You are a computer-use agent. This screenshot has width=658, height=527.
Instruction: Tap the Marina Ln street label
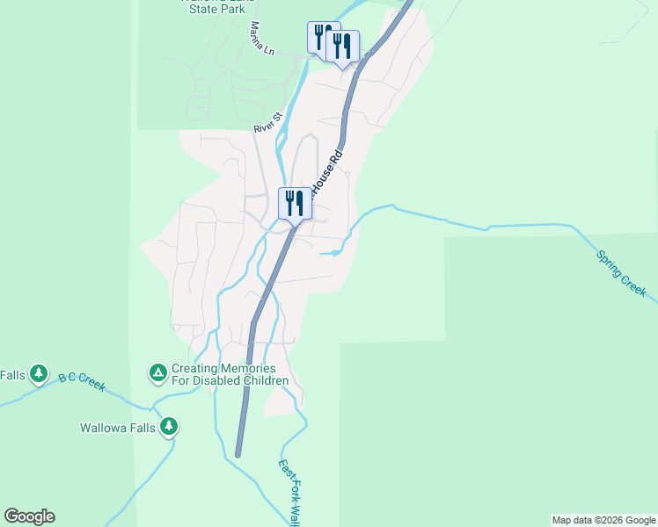click(x=262, y=39)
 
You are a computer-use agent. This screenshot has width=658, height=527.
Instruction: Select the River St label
click(x=267, y=122)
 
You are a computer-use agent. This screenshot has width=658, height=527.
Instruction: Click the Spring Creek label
click(x=620, y=273)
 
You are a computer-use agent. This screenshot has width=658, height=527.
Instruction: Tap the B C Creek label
click(x=82, y=379)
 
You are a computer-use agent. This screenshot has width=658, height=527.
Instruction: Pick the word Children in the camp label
click(x=260, y=380)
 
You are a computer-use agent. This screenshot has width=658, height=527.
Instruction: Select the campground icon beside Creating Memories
click(x=157, y=374)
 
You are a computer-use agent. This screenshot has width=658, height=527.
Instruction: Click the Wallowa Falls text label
click(x=117, y=429)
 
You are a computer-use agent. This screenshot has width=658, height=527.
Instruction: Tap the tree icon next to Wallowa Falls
click(x=169, y=428)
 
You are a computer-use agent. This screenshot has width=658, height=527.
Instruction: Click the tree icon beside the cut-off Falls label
click(x=38, y=374)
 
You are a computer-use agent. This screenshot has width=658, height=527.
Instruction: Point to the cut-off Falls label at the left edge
click(x=12, y=375)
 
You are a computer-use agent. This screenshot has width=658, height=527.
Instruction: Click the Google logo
click(x=29, y=516)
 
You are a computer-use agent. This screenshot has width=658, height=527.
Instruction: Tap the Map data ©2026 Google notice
click(x=603, y=520)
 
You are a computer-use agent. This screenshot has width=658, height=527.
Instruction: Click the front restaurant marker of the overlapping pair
click(x=342, y=47)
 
